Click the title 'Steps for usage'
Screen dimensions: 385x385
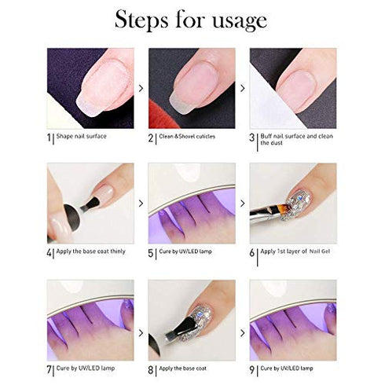pos(192,20)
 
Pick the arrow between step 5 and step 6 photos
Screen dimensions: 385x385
pos(242,203)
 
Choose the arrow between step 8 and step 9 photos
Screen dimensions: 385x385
pos(242,320)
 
